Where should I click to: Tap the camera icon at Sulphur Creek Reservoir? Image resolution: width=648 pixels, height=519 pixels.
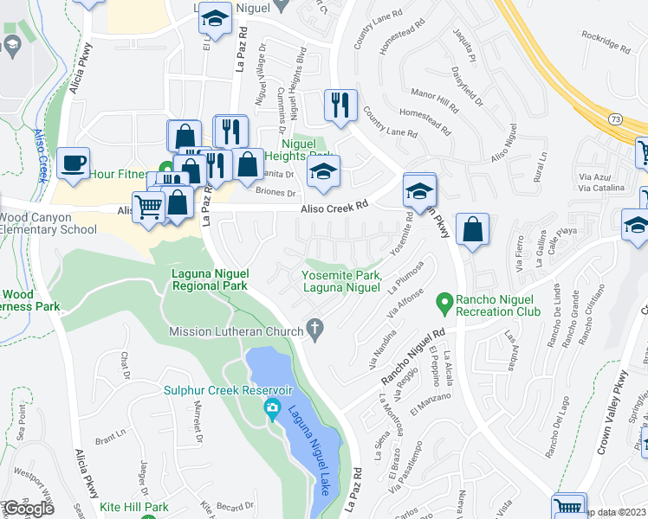click(x=273, y=407)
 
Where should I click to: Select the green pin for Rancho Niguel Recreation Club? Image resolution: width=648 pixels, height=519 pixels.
click(x=445, y=304)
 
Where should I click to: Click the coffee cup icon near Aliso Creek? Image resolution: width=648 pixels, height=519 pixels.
click(x=74, y=163)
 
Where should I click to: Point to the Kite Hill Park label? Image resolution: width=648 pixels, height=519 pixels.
click(x=133, y=507)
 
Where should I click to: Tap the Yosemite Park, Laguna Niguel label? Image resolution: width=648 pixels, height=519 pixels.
click(x=341, y=281)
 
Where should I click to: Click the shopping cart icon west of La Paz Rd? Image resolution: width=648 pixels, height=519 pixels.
click(x=148, y=207)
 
